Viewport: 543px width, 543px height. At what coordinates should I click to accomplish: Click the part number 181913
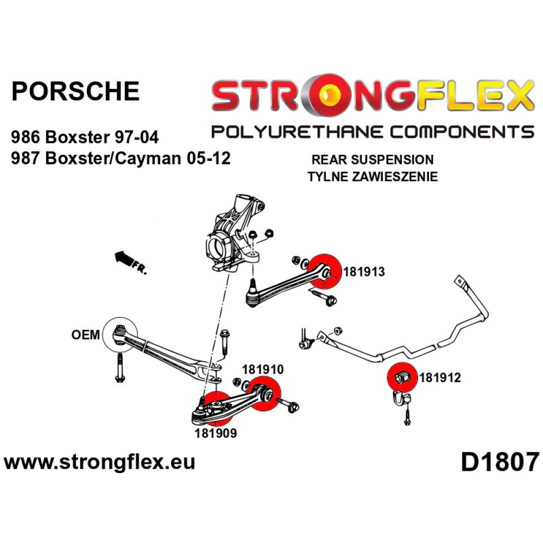(363, 271)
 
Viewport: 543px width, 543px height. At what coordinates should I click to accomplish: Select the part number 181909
(215, 433)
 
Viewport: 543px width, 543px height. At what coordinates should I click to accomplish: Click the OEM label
(85, 334)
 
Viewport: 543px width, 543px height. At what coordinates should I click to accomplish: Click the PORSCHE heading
(75, 91)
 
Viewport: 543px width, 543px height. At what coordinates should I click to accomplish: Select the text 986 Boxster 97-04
(85, 136)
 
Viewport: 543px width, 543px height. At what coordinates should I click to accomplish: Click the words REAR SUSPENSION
(372, 160)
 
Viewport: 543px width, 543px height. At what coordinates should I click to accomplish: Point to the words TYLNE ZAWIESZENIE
(372, 176)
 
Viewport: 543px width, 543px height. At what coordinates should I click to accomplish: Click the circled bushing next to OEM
(121, 331)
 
